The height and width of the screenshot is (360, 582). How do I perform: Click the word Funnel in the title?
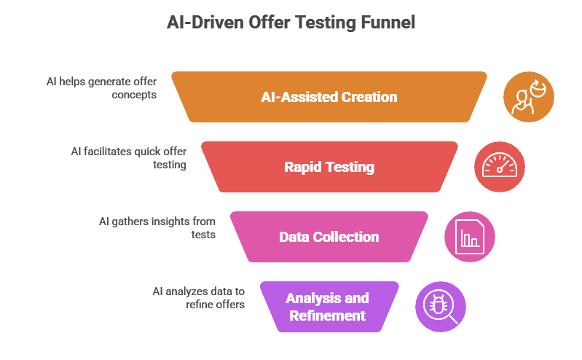[388, 23]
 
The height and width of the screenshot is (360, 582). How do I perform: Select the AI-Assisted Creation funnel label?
[329, 97]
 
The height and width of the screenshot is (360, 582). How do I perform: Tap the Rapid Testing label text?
[329, 167]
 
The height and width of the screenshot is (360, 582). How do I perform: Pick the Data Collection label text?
[329, 237]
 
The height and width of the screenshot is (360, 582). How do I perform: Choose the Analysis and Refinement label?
[327, 307]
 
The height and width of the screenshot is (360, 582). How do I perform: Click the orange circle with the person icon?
[529, 97]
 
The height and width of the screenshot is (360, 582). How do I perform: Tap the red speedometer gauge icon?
[500, 167]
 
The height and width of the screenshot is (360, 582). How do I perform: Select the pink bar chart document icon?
[470, 237]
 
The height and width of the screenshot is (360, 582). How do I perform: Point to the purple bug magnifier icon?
[441, 307]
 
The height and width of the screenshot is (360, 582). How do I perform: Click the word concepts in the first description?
[134, 95]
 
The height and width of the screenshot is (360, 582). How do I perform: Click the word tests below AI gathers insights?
[203, 235]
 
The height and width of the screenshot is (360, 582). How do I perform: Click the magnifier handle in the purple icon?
[453, 319]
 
